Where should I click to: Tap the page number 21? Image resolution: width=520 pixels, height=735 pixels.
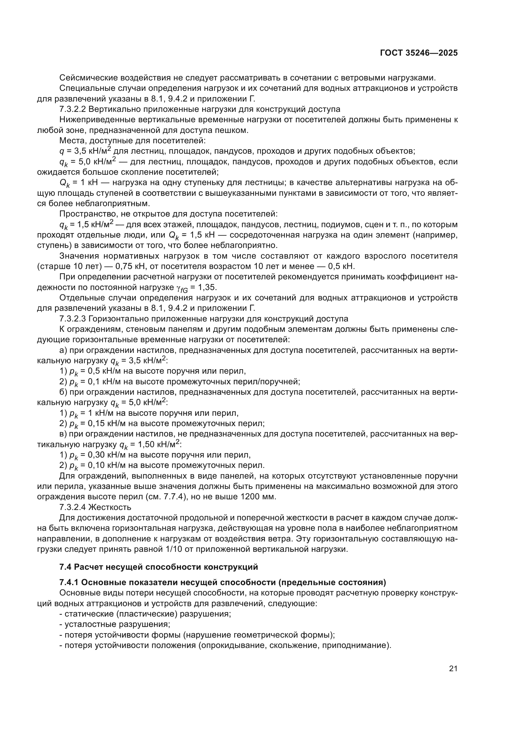pos(453,668)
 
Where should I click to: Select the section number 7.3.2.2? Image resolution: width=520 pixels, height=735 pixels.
pos(73,109)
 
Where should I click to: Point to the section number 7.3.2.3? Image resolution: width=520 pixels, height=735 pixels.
pos(73,319)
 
